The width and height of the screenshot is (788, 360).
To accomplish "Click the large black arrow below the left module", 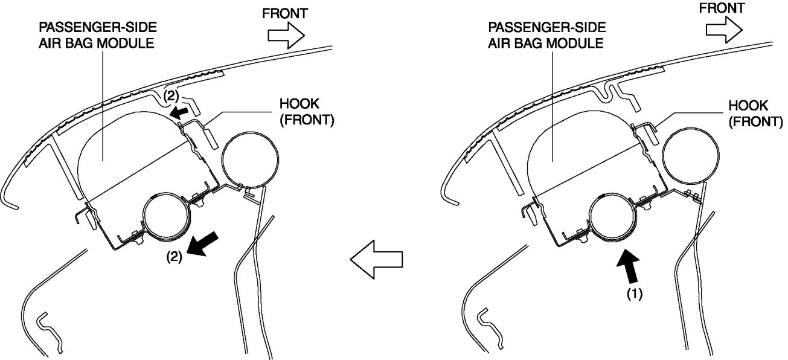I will (x=202, y=244).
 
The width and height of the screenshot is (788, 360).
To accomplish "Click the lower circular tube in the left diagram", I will (x=167, y=218).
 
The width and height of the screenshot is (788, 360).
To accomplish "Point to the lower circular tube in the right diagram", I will (x=613, y=219).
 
